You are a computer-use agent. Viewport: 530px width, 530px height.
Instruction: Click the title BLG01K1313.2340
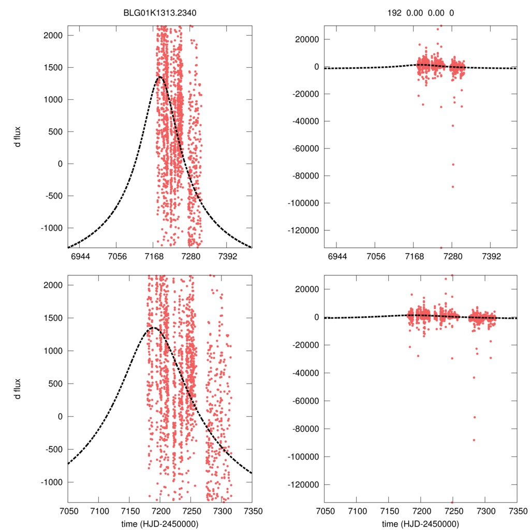coord(159,13)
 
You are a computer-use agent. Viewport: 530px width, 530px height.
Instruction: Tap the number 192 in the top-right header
coord(394,13)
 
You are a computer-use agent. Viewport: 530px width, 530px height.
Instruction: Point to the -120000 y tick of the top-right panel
coord(304,230)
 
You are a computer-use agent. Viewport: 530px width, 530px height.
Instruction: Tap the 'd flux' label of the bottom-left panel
coord(18,389)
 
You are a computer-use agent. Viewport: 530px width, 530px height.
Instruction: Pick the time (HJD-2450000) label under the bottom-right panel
coord(421,524)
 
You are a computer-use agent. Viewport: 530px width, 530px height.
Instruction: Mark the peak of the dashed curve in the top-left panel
coord(159,77)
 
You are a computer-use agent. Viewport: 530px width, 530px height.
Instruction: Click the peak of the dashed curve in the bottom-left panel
coord(153,328)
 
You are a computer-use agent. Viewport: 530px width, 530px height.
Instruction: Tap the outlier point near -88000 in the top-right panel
coord(452,187)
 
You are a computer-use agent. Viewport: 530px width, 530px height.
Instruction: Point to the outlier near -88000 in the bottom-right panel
coord(474,440)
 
